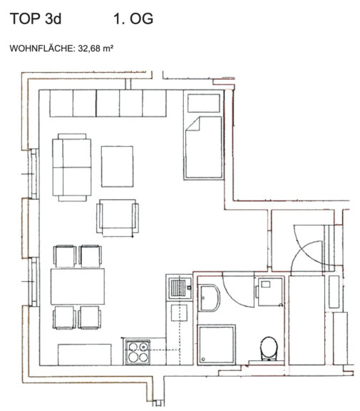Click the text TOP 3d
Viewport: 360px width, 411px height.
pyautogui.click(x=36, y=19)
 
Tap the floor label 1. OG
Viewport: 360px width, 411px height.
pyautogui.click(x=133, y=19)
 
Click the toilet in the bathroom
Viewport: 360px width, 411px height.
pyautogui.click(x=269, y=348)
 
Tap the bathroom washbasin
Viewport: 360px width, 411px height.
pyautogui.click(x=209, y=298)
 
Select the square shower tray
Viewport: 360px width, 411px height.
pyautogui.click(x=217, y=345)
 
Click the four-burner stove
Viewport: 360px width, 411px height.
pyautogui.click(x=138, y=352)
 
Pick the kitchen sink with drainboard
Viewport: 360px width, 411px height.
pyautogui.click(x=180, y=287)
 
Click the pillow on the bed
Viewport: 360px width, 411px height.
pyautogui.click(x=203, y=103)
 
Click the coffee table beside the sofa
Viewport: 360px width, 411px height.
pyautogui.click(x=117, y=166)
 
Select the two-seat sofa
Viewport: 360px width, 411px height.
pyautogui.click(x=72, y=167)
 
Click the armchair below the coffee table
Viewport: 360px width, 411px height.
pyautogui.click(x=118, y=218)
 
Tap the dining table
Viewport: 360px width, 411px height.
pyautogui.click(x=78, y=286)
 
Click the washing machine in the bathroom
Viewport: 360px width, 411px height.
pyautogui.click(x=270, y=292)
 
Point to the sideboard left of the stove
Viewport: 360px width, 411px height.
pyautogui.click(x=85, y=355)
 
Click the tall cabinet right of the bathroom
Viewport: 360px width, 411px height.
pyautogui.click(x=307, y=320)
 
